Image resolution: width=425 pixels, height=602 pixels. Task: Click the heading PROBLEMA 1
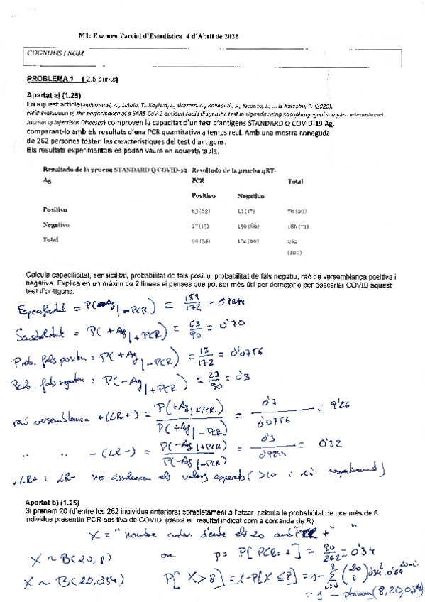pyautogui.click(x=50, y=79)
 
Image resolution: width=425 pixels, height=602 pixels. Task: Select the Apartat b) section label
pyautogui.click(x=55, y=503)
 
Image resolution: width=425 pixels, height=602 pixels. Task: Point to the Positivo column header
pyautogui.click(x=204, y=195)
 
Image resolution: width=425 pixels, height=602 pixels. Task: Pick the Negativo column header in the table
pyautogui.click(x=250, y=195)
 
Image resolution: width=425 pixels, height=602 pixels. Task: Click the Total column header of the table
pyautogui.click(x=294, y=182)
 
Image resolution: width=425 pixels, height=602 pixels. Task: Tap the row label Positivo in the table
pyautogui.click(x=55, y=210)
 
